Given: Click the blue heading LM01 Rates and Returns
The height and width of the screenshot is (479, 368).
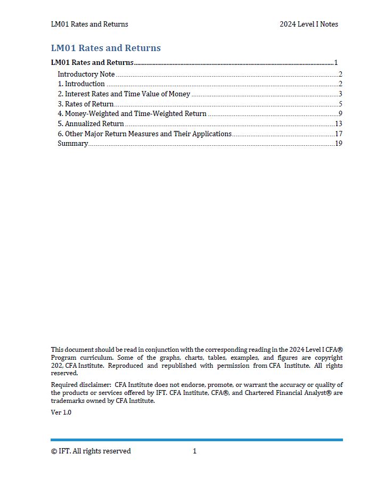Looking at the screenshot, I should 105,48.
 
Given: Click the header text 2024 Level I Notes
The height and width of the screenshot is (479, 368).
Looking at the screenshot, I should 308,24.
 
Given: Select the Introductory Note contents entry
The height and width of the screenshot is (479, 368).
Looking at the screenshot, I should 86,74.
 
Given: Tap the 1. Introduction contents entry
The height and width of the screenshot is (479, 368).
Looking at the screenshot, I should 81,84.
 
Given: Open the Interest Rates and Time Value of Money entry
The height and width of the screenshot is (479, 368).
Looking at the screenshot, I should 124,94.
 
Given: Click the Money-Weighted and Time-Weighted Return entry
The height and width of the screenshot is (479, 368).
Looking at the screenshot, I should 132,114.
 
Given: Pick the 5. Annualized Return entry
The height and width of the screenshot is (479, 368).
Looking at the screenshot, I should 91,123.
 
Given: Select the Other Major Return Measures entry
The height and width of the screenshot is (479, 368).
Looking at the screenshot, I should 144,134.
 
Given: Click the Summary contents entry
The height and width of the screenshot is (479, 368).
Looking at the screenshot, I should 72,144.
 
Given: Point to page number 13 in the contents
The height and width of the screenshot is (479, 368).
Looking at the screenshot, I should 338,123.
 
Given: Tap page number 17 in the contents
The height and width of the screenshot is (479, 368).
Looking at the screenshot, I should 338,134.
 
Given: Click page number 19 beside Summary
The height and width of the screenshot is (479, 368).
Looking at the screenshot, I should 338,144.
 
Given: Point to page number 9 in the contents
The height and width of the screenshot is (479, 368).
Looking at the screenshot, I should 340,114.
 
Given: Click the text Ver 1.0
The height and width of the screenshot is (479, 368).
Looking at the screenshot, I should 61,412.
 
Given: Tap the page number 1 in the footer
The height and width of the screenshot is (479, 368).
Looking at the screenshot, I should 195,451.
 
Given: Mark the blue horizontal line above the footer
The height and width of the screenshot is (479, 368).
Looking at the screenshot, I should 197,440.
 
